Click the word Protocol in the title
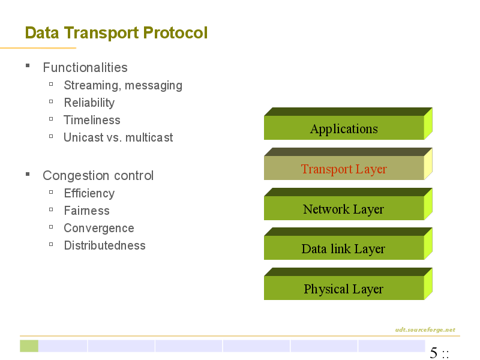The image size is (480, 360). [175, 33]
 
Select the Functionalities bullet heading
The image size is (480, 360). [85, 67]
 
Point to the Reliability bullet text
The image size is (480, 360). [89, 103]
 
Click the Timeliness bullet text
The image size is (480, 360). [92, 120]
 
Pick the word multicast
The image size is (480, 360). [149, 137]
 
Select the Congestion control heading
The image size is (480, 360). [98, 176]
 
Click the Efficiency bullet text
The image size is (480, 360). [89, 193]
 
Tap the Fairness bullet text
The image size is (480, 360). [86, 211]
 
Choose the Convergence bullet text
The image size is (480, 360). [99, 229]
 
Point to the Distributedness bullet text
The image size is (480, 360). [104, 245]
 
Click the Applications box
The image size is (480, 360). [348, 124]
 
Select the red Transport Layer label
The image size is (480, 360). [344, 169]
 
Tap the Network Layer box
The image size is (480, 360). [348, 204]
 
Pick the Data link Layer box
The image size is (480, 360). [348, 244]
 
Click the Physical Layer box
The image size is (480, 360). [348, 284]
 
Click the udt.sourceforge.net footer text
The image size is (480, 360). [425, 329]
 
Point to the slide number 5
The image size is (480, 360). [433, 353]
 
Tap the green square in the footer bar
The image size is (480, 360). [29, 346]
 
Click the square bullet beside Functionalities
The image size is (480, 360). [28, 65]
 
